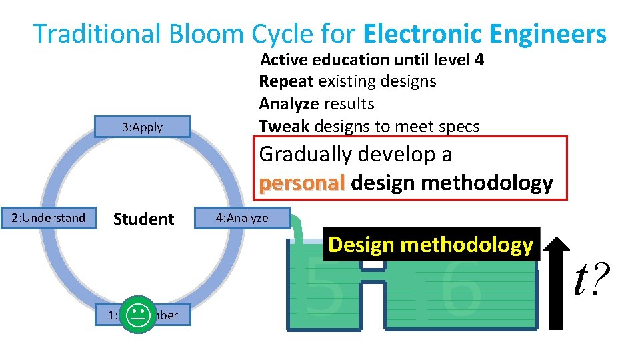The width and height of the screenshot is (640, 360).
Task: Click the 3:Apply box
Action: [143, 127]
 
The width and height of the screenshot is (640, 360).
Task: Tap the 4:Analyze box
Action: [242, 218]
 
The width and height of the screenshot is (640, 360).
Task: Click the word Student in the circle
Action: [143, 219]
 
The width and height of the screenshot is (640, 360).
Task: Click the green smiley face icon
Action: [139, 315]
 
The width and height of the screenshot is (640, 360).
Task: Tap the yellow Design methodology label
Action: [431, 245]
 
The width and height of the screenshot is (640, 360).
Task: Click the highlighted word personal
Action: [302, 183]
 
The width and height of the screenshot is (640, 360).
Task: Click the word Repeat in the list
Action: [287, 81]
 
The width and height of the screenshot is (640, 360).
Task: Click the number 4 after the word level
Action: [479, 60]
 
